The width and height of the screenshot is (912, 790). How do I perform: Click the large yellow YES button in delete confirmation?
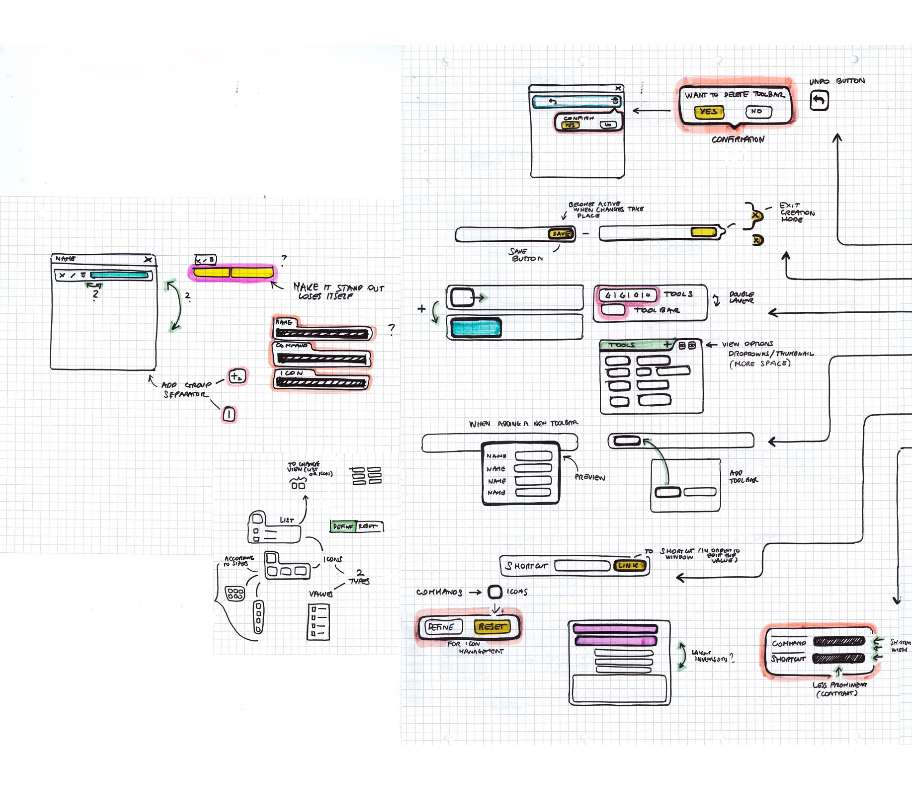point(709,112)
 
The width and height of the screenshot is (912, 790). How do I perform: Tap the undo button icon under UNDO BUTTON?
point(819,100)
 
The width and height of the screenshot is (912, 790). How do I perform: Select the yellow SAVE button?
point(561,234)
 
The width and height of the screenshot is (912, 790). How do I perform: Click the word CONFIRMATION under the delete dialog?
point(738,139)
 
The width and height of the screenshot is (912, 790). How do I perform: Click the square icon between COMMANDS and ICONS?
point(495,592)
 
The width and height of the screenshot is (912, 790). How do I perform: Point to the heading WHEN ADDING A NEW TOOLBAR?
point(523,423)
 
